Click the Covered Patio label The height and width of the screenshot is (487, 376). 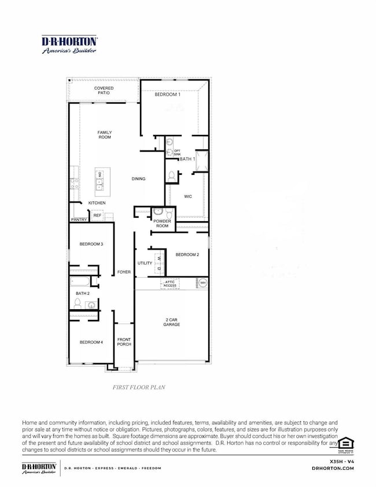(x=104, y=90)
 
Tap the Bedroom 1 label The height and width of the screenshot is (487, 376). (x=167, y=94)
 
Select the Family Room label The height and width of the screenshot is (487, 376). (x=104, y=135)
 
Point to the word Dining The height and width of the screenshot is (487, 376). (x=138, y=179)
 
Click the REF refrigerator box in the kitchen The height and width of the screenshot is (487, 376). (x=97, y=215)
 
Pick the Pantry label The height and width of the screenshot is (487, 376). (x=79, y=220)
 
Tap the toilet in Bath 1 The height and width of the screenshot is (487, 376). (x=171, y=175)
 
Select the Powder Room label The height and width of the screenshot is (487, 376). (x=162, y=224)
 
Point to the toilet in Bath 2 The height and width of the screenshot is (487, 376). (x=76, y=303)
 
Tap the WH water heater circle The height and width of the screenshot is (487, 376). (x=202, y=283)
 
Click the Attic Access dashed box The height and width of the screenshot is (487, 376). (x=170, y=283)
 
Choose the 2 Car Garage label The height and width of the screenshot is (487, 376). (x=171, y=322)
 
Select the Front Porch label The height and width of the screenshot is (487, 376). (x=124, y=342)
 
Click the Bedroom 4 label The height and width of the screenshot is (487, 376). (x=91, y=342)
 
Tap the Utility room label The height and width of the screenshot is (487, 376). (x=145, y=263)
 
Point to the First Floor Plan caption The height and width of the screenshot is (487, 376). (x=138, y=387)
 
